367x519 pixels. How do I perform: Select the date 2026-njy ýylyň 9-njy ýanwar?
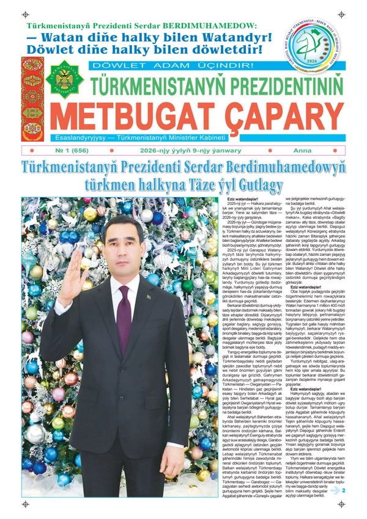pyautogui.click(x=182, y=150)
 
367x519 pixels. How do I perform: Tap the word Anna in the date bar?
pyautogui.click(x=302, y=150)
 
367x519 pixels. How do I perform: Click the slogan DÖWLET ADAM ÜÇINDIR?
pyautogui.click(x=171, y=65)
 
